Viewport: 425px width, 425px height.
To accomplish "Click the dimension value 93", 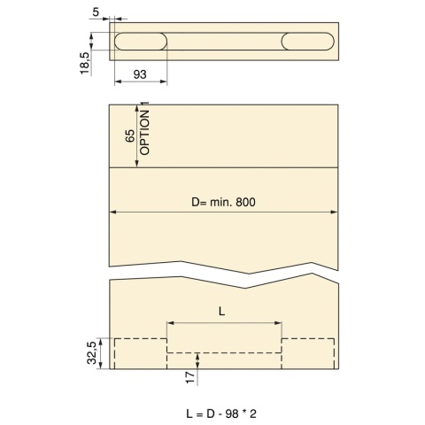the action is click(x=140, y=74).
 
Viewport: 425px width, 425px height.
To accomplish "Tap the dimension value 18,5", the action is click(x=85, y=63).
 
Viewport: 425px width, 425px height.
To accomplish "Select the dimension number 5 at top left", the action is click(x=96, y=12).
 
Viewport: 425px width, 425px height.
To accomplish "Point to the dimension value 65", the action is click(x=130, y=135).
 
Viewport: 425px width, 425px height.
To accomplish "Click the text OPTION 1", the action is click(x=144, y=128).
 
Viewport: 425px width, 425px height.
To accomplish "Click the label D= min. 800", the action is click(x=223, y=202).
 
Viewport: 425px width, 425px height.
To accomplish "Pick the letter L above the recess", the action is click(x=221, y=311).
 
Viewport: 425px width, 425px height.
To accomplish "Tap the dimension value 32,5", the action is click(x=92, y=352).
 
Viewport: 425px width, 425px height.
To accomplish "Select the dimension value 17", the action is click(x=190, y=377).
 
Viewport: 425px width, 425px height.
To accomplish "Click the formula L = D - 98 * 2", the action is click(x=221, y=413).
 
